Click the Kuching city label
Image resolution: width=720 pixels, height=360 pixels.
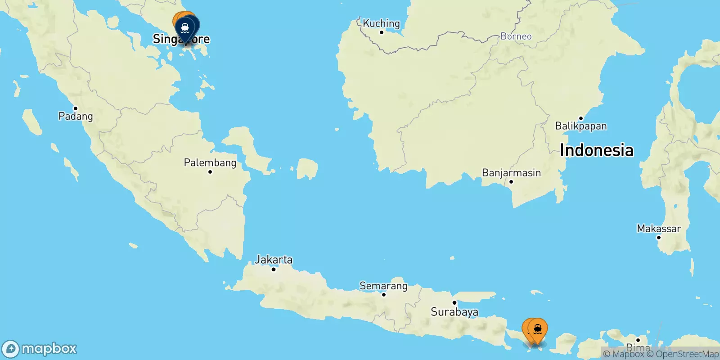381,23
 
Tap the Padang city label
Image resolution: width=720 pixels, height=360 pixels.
76,116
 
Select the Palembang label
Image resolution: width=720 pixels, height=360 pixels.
210,162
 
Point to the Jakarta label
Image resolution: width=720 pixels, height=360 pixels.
274,260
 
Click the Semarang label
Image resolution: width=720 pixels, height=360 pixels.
383,286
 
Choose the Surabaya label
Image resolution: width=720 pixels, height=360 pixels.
454,312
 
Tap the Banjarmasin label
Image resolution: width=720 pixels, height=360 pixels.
511,173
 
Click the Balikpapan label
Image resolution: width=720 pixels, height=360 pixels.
580,126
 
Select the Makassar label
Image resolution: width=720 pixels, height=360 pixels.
659,229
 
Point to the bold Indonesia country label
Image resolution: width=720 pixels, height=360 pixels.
596,150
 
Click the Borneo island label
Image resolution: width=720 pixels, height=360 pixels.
516,36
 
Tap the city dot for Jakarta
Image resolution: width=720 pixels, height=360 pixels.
274,269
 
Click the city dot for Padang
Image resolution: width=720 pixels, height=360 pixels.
76,108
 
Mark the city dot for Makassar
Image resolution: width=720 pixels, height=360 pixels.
659,237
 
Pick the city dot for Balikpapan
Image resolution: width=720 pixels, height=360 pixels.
581,118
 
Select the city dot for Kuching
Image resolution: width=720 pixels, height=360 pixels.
382,32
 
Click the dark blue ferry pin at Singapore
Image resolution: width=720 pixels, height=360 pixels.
185,28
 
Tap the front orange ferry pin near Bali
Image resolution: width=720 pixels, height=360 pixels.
537,330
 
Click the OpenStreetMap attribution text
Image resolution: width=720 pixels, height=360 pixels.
687,354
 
